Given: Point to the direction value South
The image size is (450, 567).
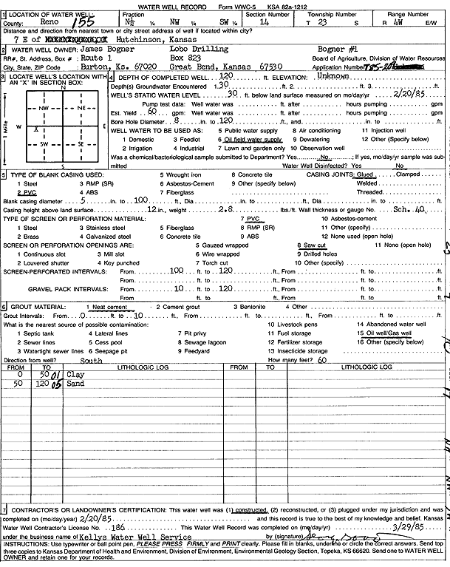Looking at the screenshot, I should click(91, 361).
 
